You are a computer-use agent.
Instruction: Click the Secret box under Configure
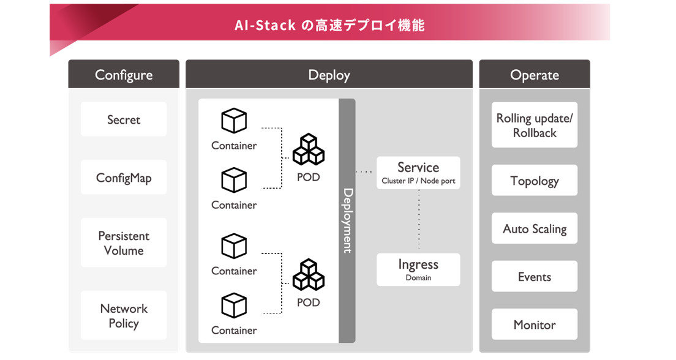pyautogui.click(x=124, y=119)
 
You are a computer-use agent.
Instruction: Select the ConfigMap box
pyautogui.click(x=124, y=178)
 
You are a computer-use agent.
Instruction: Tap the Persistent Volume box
pyautogui.click(x=124, y=243)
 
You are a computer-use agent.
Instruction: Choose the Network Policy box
pyautogui.click(x=124, y=316)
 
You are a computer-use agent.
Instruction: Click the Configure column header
pyautogui.click(x=124, y=75)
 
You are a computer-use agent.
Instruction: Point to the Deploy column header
pyautogui.click(x=329, y=75)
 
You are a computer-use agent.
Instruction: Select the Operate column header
pyautogui.click(x=535, y=75)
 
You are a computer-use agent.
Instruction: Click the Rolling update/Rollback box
pyautogui.click(x=535, y=125)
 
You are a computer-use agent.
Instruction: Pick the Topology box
pyautogui.click(x=535, y=181)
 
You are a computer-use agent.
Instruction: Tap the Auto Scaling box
pyautogui.click(x=535, y=229)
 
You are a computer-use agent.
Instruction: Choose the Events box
pyautogui.click(x=535, y=277)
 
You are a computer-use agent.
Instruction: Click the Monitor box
pyautogui.click(x=535, y=325)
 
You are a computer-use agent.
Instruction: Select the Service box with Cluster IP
pyautogui.click(x=418, y=173)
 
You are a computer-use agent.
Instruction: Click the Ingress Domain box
pyautogui.click(x=418, y=269)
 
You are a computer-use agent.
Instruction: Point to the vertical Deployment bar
pyautogui.click(x=347, y=220)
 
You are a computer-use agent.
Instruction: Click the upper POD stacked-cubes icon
pyautogui.click(x=308, y=150)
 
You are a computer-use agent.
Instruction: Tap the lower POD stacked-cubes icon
pyautogui.click(x=308, y=275)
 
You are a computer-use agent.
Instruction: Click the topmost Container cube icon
pyautogui.click(x=234, y=121)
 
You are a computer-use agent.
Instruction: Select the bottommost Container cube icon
pyautogui.click(x=234, y=306)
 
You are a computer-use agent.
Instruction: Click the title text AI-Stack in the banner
pyautogui.click(x=265, y=25)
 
